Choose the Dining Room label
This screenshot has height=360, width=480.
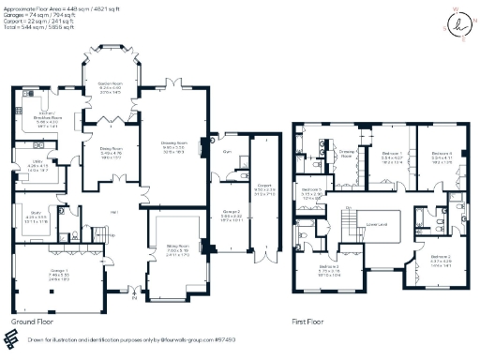pyautogui.click(x=112, y=149)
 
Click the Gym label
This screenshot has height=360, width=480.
pyautogui.click(x=226, y=148)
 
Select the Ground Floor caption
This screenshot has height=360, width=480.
pyautogui.click(x=31, y=322)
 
